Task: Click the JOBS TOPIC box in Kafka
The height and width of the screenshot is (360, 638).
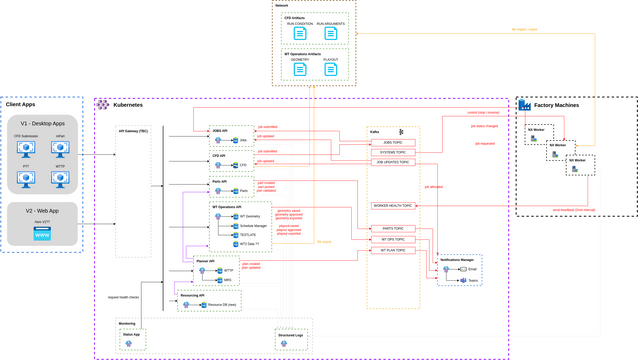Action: click(393, 142)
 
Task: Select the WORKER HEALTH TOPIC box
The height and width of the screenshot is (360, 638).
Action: click(393, 205)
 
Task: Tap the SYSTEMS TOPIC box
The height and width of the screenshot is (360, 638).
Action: click(393, 152)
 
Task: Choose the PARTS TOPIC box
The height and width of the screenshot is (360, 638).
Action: click(393, 229)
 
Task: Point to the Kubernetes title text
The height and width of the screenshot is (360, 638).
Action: click(128, 104)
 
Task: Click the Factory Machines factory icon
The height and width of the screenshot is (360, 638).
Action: click(525, 105)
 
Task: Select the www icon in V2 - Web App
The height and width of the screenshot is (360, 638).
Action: click(42, 234)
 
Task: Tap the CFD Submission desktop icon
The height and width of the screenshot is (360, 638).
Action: click(26, 148)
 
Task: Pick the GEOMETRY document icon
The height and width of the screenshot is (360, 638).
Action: click(300, 70)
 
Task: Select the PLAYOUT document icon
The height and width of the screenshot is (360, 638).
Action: click(330, 70)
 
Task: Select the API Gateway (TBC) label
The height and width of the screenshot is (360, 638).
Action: click(134, 130)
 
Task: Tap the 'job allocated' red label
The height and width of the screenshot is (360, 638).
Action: click(433, 186)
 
